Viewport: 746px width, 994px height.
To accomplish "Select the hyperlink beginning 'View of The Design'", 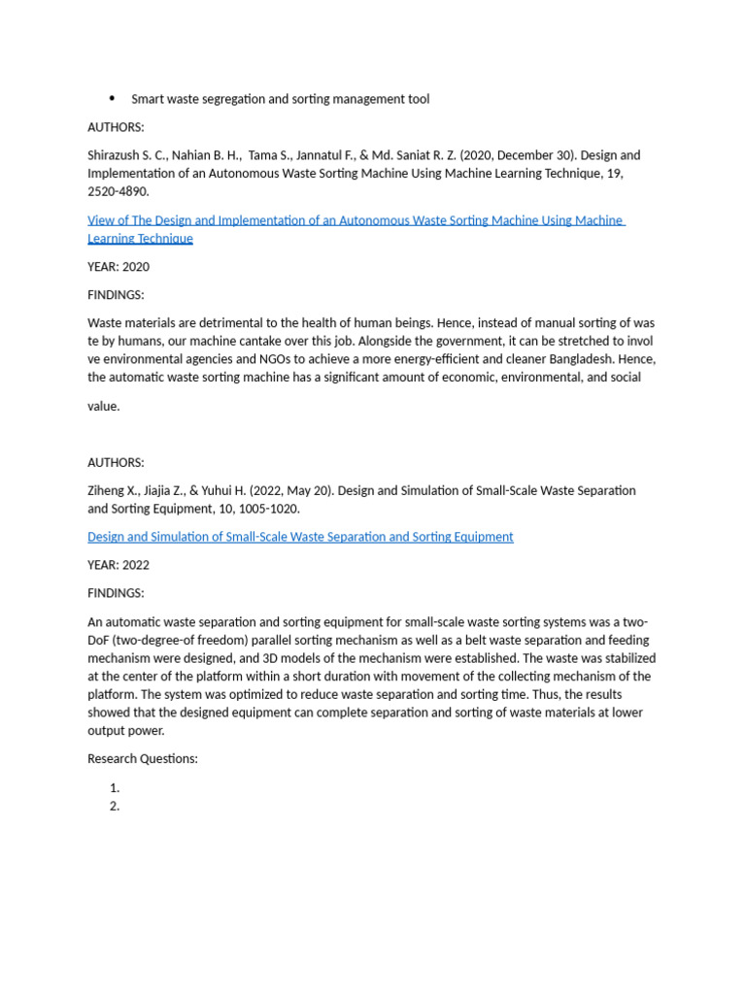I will (x=356, y=220).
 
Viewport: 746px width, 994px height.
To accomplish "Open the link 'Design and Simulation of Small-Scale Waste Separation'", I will (x=300, y=537).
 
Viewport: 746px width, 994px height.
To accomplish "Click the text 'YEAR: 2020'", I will (x=119, y=267).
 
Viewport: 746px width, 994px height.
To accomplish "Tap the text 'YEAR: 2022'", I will (x=119, y=565).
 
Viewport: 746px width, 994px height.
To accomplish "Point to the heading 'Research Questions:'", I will (x=143, y=758).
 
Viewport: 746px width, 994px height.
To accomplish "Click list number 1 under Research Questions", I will (x=115, y=788).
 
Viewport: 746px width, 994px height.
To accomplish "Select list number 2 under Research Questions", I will (x=115, y=806).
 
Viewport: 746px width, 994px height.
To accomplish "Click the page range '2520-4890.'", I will (x=119, y=191).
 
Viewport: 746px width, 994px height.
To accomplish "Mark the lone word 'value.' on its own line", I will (x=104, y=407).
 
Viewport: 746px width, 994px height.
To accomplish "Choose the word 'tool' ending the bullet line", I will (x=418, y=99).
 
